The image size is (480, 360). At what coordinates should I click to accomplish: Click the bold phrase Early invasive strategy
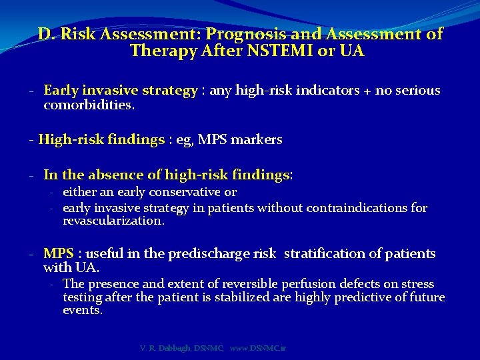click(121, 91)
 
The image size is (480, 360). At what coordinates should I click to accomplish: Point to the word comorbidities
click(89, 105)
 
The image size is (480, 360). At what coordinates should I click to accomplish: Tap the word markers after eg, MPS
click(257, 140)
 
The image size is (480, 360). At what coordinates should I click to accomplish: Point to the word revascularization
click(113, 221)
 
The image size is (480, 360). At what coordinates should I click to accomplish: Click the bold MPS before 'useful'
click(59, 254)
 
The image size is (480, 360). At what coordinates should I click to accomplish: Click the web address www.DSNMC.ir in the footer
click(257, 348)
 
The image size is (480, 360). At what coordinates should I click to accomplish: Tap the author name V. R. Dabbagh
click(165, 348)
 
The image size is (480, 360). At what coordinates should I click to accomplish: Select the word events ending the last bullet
click(82, 311)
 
